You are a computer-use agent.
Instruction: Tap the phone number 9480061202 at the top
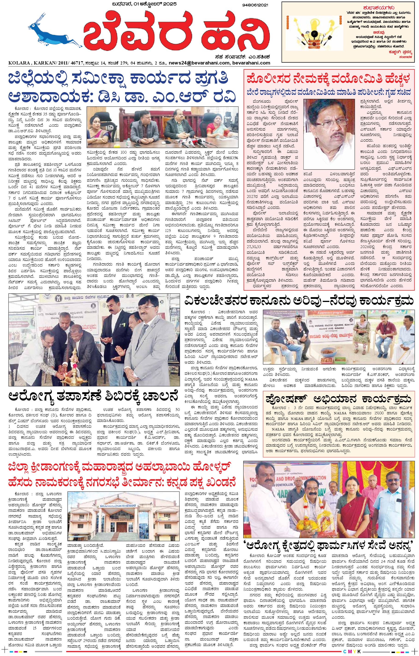[x=255, y=5]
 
